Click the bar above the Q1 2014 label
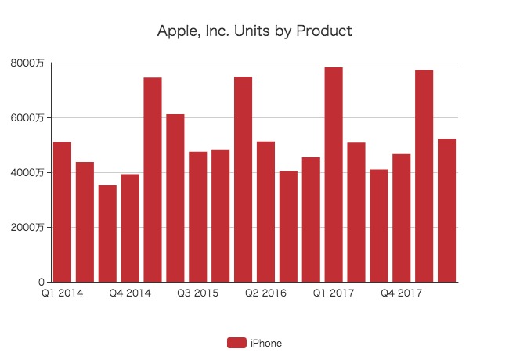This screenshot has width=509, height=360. pyautogui.click(x=63, y=211)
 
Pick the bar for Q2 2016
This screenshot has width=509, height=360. pyautogui.click(x=265, y=211)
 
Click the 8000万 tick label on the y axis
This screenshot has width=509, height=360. pyautogui.click(x=28, y=63)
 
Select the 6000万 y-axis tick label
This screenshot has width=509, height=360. pyautogui.click(x=28, y=118)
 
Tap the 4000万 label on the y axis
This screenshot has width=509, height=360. pyautogui.click(x=28, y=173)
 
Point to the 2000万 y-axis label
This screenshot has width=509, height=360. pyautogui.click(x=28, y=228)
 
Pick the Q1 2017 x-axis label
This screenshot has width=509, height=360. pyautogui.click(x=334, y=293)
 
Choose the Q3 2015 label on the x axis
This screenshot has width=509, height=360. pyautogui.click(x=198, y=293)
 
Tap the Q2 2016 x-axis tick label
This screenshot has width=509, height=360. pyautogui.click(x=265, y=293)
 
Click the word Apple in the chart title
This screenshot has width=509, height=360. pyautogui.click(x=176, y=32)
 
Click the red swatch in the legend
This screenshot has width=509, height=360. pyautogui.click(x=236, y=343)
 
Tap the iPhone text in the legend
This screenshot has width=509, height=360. pyautogui.click(x=266, y=343)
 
